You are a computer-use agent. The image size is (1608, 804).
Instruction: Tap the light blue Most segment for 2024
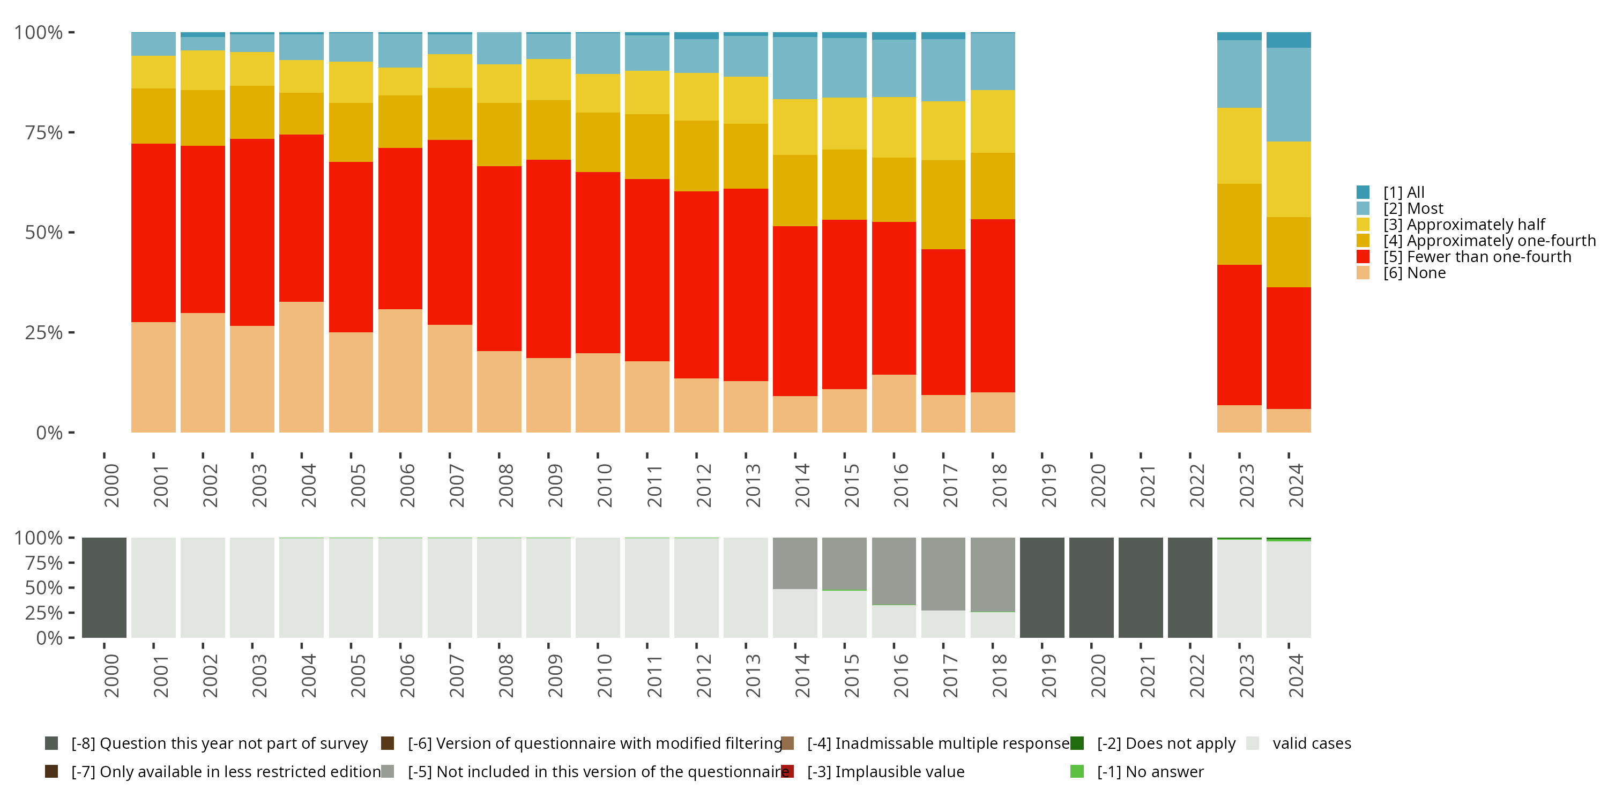[x=1289, y=94]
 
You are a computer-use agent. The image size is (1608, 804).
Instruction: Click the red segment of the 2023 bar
[x=1239, y=334]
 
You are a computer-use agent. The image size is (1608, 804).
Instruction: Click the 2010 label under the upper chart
[x=604, y=485]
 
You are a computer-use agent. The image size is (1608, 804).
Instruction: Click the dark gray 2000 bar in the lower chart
[x=104, y=587]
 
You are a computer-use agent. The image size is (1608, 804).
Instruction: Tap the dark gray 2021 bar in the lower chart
[x=1141, y=587]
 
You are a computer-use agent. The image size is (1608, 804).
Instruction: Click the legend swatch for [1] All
[x=1363, y=192]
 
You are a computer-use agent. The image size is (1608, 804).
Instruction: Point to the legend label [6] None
[x=1414, y=273]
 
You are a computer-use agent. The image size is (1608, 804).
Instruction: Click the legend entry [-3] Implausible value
[x=885, y=771]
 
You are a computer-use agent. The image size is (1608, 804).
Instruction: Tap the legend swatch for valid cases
[x=1252, y=743]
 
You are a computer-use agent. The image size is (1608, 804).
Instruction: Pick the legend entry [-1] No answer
[x=1150, y=771]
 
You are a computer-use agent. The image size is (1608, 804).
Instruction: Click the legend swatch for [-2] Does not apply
[x=1077, y=743]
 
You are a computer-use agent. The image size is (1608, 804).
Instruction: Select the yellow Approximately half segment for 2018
[x=993, y=121]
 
